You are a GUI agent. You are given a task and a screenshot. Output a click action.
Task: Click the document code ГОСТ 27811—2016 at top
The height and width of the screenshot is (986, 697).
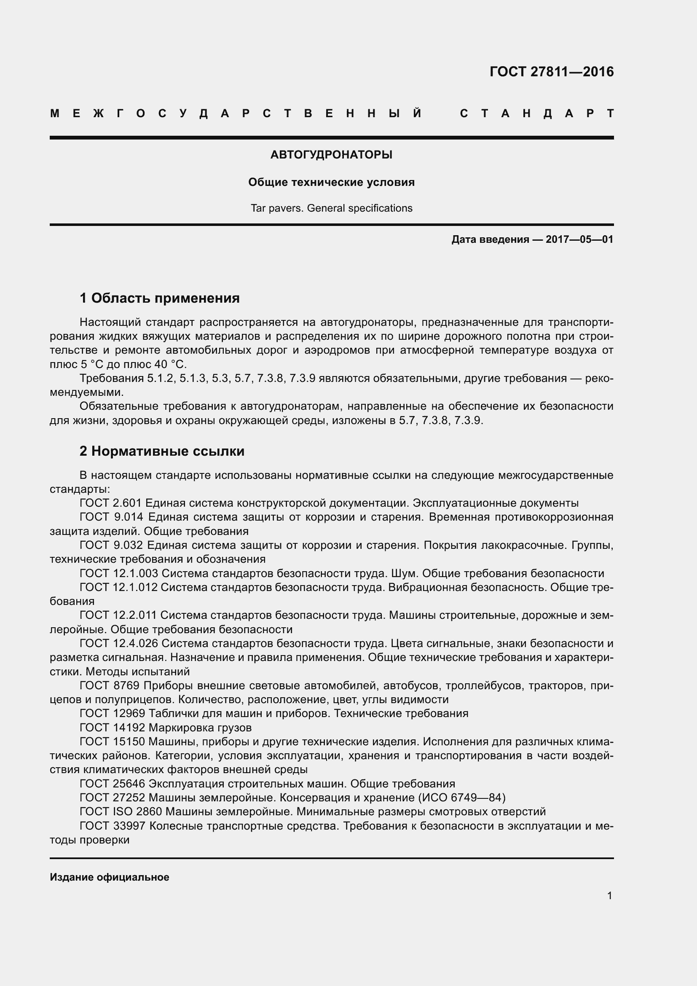pos(552,72)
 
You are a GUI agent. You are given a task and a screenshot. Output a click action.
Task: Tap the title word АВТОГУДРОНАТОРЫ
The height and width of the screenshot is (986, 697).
pos(331,155)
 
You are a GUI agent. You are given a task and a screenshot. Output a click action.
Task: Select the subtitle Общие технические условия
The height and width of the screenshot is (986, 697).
pos(331,183)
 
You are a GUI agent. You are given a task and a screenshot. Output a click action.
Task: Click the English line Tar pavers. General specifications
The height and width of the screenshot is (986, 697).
pos(331,208)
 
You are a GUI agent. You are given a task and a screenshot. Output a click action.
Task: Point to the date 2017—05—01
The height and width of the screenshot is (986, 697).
pos(579,239)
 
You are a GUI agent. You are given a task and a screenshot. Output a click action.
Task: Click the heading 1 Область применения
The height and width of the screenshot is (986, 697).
pos(160,298)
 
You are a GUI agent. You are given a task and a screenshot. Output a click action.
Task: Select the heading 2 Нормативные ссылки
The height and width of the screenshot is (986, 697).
pos(162,451)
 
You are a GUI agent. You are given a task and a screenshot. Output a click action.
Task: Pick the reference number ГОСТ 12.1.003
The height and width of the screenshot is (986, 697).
pos(119,573)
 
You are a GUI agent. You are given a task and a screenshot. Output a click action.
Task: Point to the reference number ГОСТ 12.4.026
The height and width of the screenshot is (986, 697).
pos(119,643)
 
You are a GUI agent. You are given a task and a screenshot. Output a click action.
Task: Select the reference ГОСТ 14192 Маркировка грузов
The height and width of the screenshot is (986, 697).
pos(166,728)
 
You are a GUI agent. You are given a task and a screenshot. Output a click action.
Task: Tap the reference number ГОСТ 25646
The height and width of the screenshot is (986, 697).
pos(113,784)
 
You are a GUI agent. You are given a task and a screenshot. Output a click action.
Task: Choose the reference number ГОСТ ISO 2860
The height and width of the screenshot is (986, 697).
pos(121,811)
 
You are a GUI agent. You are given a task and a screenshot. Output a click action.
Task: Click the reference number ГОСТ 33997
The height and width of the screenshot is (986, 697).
pos(113,826)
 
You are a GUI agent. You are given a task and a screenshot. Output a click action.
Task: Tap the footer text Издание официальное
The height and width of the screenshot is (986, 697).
pos(110,877)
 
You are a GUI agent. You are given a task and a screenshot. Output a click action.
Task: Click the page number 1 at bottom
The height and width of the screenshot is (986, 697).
pos(609,895)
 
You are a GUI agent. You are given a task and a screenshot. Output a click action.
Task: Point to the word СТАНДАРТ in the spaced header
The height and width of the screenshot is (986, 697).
pos(536,114)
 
